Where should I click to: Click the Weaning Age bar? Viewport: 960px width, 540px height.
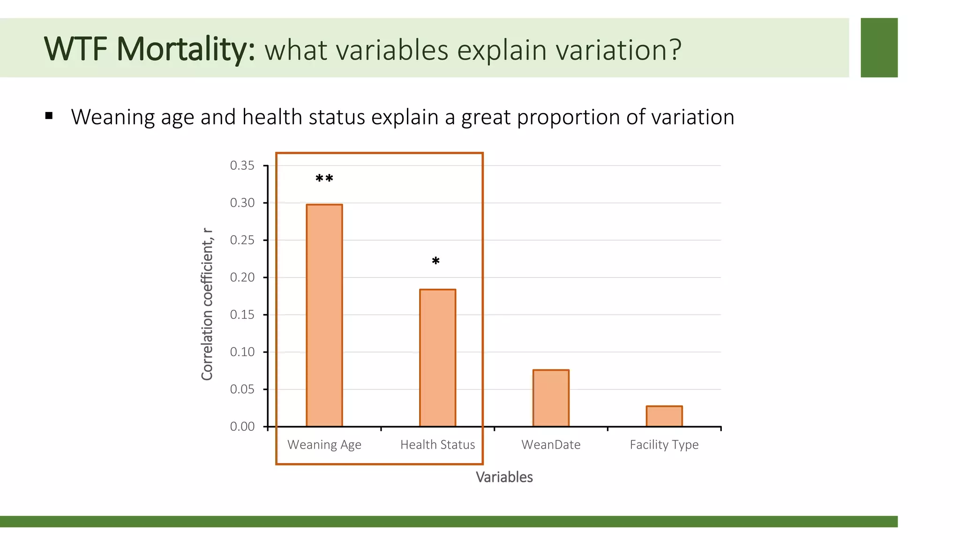pos(324,315)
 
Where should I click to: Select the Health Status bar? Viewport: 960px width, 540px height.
pos(437,358)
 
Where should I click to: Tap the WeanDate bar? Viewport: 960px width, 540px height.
pos(551,398)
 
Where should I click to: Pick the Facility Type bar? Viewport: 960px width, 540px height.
pos(664,416)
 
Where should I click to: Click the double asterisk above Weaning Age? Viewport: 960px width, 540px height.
pos(324,179)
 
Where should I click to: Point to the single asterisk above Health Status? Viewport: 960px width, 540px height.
pos(435,261)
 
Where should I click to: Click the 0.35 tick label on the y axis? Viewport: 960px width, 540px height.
pos(242,165)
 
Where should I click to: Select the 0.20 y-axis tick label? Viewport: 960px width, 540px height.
pos(242,277)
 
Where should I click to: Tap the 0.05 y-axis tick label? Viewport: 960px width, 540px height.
pos(242,389)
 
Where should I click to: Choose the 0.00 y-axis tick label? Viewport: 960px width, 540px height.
pos(242,427)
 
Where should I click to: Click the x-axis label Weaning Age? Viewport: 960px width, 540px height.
pos(324,445)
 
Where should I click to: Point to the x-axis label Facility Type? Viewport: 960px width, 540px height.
pos(664,445)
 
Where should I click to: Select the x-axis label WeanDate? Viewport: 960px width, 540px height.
pos(551,445)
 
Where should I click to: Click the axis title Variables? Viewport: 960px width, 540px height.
pos(504,477)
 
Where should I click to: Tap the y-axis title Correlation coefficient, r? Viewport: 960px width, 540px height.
pos(207,305)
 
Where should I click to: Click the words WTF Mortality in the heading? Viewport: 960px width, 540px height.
pos(149,49)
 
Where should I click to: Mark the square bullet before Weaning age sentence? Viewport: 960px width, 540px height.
pos(49,116)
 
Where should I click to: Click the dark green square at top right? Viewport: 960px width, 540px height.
pos(879,48)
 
